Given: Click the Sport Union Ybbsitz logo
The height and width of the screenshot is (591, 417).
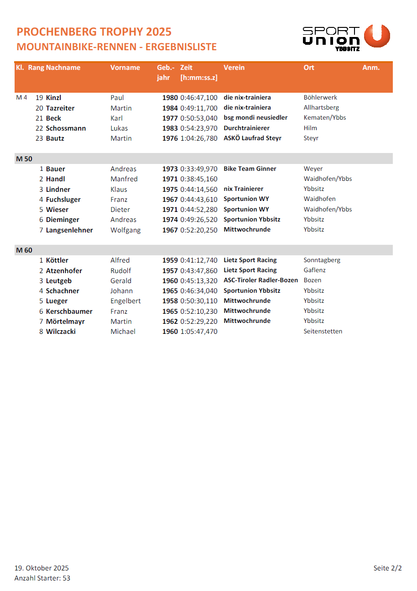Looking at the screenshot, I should click(346, 37).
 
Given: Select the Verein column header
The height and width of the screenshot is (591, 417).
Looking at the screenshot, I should click(234, 68).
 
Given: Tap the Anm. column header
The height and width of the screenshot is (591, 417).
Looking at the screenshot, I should click(371, 68).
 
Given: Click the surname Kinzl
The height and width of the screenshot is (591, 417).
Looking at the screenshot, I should click(53, 98).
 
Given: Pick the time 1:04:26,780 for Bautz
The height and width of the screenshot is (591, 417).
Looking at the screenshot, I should click(199, 138).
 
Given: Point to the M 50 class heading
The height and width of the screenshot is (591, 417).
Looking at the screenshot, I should click(24, 159).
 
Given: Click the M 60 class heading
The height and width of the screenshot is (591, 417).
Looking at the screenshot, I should click(24, 250).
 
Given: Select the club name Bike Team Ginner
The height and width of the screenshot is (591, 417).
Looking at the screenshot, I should click(250, 169).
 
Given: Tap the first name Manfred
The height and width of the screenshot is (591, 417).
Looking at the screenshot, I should click(124, 179).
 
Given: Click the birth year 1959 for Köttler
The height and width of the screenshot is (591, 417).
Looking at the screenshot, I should click(170, 260).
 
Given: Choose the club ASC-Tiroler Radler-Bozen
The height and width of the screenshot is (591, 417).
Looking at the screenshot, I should click(261, 280).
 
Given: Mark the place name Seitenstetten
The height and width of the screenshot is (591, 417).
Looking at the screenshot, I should click(323, 332).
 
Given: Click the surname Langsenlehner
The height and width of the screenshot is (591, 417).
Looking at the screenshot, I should click(69, 230).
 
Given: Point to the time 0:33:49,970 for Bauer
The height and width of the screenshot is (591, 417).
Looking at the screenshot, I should click(199, 169).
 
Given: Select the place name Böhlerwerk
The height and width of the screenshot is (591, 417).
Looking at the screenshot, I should click(320, 98).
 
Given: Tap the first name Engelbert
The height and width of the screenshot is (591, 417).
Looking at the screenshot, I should click(125, 301).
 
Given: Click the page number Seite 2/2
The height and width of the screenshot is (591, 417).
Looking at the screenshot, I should click(387, 568).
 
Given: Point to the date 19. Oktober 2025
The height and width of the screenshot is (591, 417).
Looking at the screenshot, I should click(42, 568).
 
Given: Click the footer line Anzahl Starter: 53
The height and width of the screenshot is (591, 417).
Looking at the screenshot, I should click(42, 578).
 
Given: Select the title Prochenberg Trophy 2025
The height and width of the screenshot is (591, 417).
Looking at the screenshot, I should click(94, 32).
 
